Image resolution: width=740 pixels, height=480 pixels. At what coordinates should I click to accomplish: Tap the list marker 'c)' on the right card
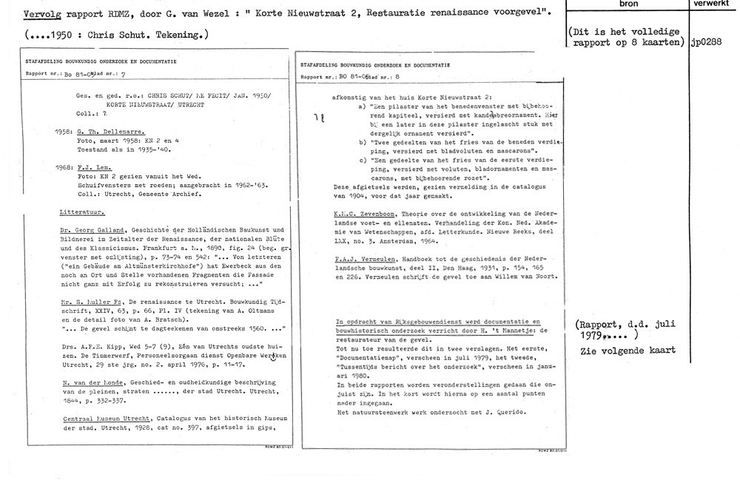tap(361, 160)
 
